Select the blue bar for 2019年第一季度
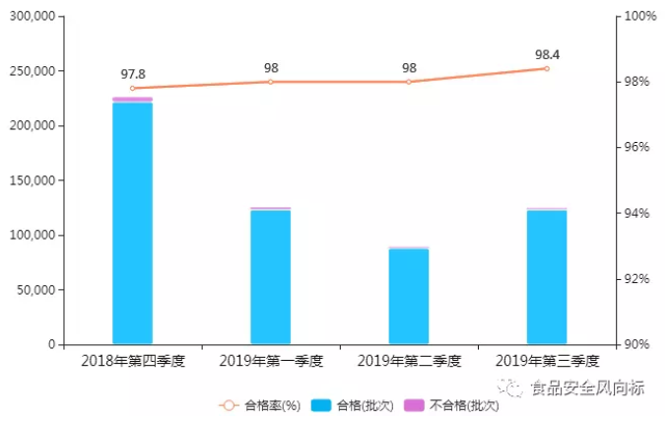coord(270,277)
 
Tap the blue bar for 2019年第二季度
coord(408,296)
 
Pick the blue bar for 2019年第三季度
coord(546,277)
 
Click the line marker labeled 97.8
coord(132,89)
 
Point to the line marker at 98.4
coord(546,68)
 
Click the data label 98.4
coord(546,53)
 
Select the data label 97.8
coord(133,74)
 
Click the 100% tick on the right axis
coord(638,17)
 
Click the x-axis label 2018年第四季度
coord(132,361)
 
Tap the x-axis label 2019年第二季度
coord(408,361)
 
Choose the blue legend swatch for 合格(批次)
coord(321,405)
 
